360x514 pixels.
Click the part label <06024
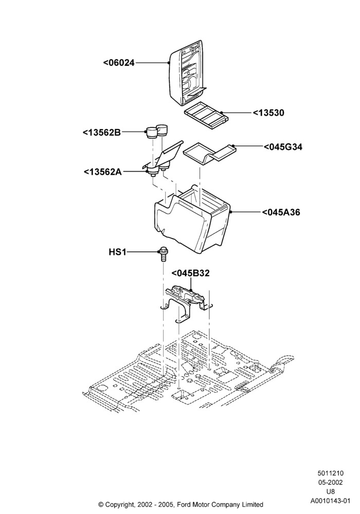(119, 63)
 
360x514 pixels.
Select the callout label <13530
(268, 113)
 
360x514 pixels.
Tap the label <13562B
(102, 133)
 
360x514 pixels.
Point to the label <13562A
(103, 172)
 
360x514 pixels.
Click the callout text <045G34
(283, 147)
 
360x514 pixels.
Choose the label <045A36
(281, 212)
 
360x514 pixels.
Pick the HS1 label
(117, 252)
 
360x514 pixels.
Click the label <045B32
(190, 273)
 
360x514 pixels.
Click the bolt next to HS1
(163, 254)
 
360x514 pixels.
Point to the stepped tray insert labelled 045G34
(209, 153)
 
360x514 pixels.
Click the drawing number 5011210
(330, 473)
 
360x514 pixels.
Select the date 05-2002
(330, 483)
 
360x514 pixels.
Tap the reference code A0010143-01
(330, 501)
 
